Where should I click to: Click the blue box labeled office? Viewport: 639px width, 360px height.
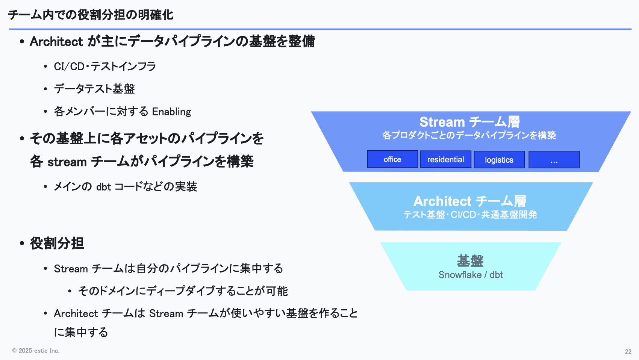(x=392, y=159)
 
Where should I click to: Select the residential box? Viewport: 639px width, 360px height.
(x=445, y=159)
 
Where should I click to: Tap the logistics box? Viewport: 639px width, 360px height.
(x=499, y=160)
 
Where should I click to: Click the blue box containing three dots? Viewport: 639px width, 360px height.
(x=554, y=160)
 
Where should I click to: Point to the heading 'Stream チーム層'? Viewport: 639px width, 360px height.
(x=469, y=122)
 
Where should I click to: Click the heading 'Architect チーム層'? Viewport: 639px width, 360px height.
(x=469, y=201)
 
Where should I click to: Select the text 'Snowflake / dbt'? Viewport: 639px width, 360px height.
(x=470, y=275)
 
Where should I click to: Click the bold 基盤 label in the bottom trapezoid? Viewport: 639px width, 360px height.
(x=470, y=260)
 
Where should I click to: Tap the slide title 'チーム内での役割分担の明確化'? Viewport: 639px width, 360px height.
(x=91, y=15)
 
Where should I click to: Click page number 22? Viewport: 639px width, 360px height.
(x=628, y=352)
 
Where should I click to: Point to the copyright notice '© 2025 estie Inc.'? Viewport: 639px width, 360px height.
(x=36, y=351)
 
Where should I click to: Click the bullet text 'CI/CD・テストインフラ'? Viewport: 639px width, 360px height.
(x=105, y=67)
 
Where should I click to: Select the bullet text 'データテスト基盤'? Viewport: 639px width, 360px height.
(x=94, y=89)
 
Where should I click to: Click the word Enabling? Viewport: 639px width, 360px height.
(x=171, y=112)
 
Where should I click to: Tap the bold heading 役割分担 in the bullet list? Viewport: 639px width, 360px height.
(x=57, y=243)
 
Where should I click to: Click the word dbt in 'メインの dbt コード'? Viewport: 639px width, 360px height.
(x=104, y=187)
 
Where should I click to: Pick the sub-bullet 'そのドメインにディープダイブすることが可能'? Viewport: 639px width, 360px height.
(x=183, y=291)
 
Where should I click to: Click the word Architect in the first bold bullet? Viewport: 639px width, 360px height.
(x=56, y=41)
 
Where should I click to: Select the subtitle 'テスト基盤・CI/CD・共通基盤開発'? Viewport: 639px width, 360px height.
(x=470, y=215)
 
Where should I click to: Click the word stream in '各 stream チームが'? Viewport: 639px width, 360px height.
(x=67, y=162)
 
